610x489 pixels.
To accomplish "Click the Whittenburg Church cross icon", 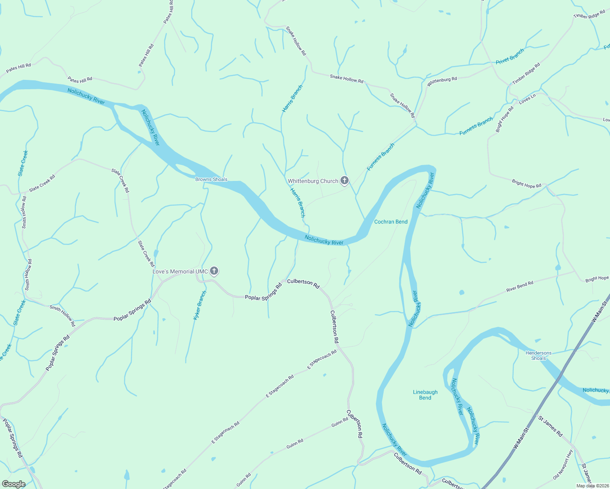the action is pyautogui.click(x=345, y=181).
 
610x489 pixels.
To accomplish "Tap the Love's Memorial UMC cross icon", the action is pyautogui.click(x=214, y=271).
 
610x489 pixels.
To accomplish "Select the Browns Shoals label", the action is pyautogui.click(x=211, y=179).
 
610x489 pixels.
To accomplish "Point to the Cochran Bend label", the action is pyautogui.click(x=391, y=222).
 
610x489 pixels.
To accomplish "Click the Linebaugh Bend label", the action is pyautogui.click(x=425, y=395).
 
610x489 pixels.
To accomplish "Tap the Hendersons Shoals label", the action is pyautogui.click(x=538, y=356).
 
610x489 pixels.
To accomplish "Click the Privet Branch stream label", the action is pyautogui.click(x=510, y=56).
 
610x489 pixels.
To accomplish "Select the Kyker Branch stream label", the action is pyautogui.click(x=200, y=305).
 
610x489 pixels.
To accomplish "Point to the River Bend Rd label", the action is pyautogui.click(x=519, y=286).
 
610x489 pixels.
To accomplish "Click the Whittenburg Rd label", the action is pyautogui.click(x=442, y=81).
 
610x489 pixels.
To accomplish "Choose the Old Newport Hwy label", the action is pyautogui.click(x=563, y=465).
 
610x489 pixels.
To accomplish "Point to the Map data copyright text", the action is pyautogui.click(x=592, y=485).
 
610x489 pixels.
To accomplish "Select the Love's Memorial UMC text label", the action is pyautogui.click(x=180, y=271).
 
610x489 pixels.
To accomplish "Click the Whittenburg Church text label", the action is pyautogui.click(x=313, y=181).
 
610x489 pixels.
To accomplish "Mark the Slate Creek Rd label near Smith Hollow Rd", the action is pyautogui.click(x=42, y=183).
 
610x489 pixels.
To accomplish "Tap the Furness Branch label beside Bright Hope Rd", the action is pyautogui.click(x=476, y=126).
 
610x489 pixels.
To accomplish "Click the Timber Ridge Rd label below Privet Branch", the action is pyautogui.click(x=526, y=73).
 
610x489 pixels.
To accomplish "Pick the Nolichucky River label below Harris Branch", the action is pyautogui.click(x=324, y=240).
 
